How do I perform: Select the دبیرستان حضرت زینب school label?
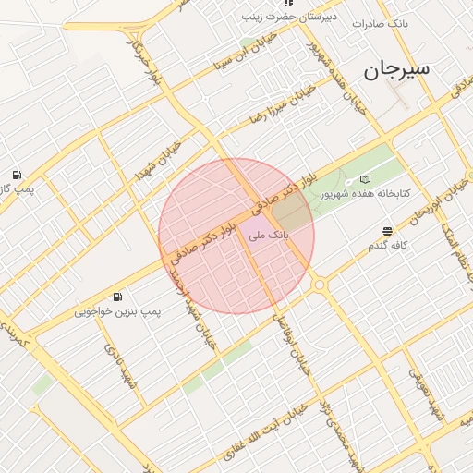(x=280, y=17)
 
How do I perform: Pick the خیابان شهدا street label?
(x=160, y=161)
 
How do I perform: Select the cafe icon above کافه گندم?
(x=387, y=230)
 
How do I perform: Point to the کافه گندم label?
(x=388, y=245)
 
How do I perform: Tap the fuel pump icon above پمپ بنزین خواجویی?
(x=117, y=297)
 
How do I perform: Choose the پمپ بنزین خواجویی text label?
(x=118, y=312)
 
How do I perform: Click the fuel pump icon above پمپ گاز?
(x=17, y=175)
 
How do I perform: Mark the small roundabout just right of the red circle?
(x=320, y=285)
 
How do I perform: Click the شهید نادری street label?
(x=119, y=368)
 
